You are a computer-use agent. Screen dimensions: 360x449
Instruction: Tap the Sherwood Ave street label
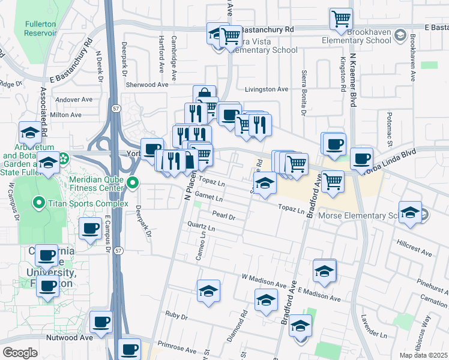click(x=147, y=85)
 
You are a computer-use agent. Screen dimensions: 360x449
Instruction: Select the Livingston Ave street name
click(x=266, y=89)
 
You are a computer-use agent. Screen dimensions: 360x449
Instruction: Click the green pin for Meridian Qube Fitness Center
click(x=134, y=182)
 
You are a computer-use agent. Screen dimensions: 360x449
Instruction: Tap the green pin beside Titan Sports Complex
click(x=40, y=203)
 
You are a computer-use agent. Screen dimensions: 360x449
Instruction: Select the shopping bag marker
click(x=204, y=95)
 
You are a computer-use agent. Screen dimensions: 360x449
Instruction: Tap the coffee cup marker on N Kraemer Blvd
click(x=361, y=158)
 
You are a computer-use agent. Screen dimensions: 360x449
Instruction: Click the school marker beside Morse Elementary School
click(x=411, y=213)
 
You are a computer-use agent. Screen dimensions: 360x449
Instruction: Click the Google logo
click(x=20, y=353)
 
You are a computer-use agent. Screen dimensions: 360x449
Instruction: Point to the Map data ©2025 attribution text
click(x=423, y=355)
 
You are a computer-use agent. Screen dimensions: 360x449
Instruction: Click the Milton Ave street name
click(x=66, y=115)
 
